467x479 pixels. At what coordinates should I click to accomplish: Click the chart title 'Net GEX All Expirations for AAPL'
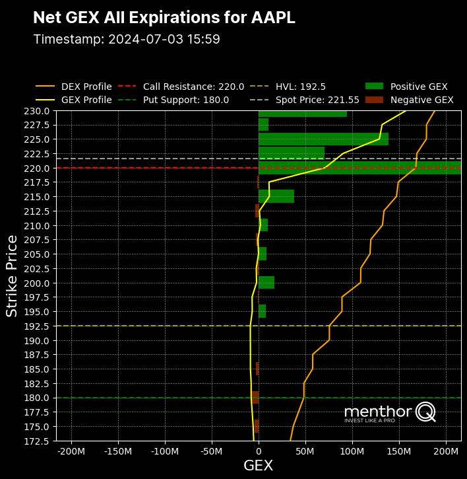(164, 18)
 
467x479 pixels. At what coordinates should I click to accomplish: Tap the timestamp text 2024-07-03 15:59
(127, 40)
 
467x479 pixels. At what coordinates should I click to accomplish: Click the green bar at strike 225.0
(323, 139)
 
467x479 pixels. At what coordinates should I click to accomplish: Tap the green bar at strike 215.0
(276, 196)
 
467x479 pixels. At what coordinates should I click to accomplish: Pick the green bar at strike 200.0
(266, 283)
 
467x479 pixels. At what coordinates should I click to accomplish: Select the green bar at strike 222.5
(291, 153)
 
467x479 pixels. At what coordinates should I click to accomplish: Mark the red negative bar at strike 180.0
(255, 398)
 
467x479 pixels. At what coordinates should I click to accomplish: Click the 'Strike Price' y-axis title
(13, 276)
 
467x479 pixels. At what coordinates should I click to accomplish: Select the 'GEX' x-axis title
(258, 466)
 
